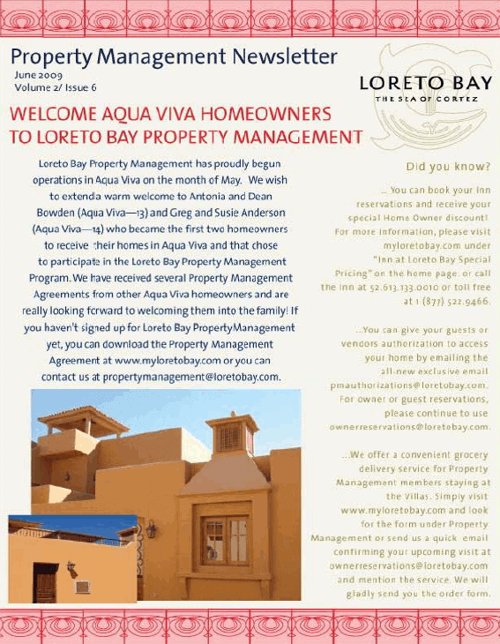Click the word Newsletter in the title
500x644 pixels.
pos(285,57)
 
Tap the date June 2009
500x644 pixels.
pos(38,76)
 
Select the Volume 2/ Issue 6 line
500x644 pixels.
pos(56,87)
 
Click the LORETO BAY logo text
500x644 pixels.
pos(425,84)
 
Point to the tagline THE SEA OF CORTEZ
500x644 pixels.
pos(427,100)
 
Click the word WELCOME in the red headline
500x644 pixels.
pos(56,116)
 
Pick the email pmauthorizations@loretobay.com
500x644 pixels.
pos(408,386)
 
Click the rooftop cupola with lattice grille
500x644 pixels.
pos(232,434)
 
